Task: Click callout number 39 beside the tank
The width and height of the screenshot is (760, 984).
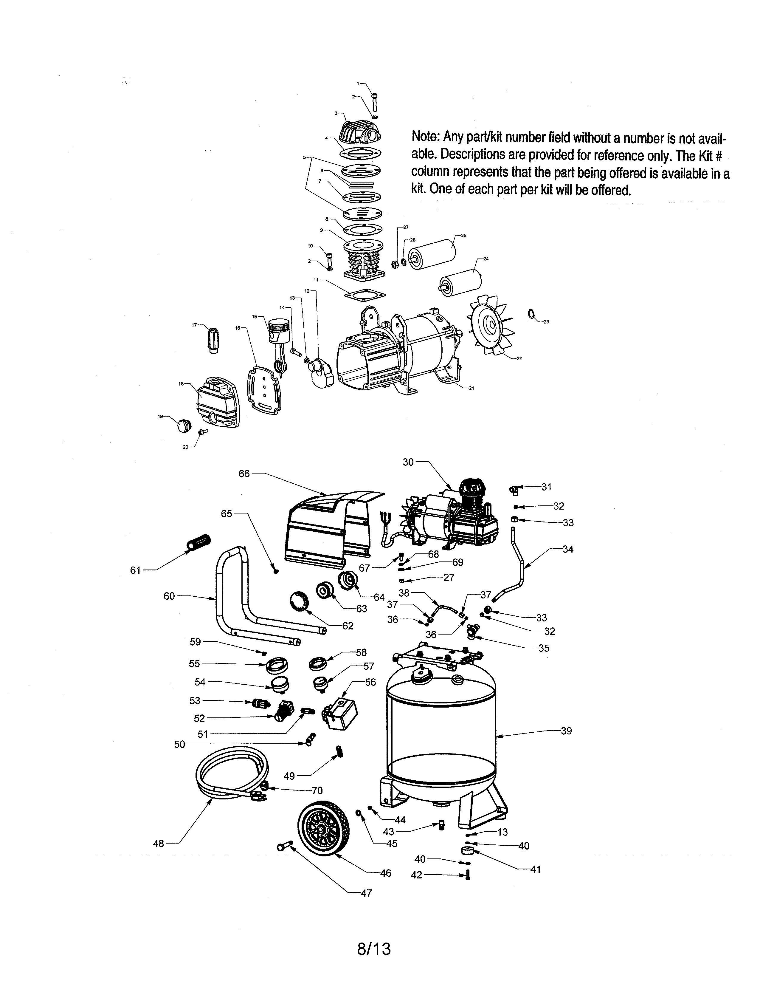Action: click(x=566, y=731)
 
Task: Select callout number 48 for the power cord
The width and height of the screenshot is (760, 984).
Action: click(x=159, y=844)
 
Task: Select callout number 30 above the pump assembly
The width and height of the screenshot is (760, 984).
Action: click(x=408, y=462)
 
